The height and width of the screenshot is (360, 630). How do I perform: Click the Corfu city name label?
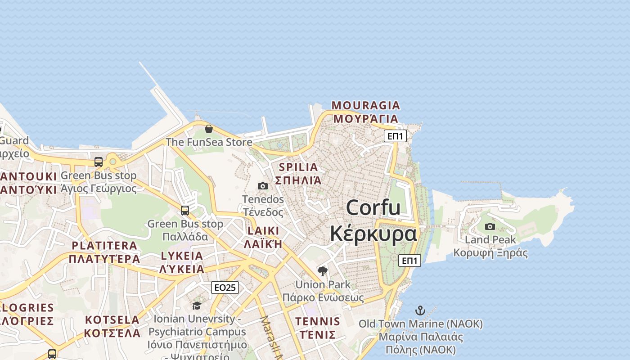coord(373,208)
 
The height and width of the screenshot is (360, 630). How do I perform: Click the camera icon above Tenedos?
coord(263,186)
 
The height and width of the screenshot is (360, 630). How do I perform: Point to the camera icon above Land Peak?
coord(490,226)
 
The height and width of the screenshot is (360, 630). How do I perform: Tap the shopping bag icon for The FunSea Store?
coord(209,129)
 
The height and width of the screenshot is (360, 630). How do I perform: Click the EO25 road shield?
coord(225,288)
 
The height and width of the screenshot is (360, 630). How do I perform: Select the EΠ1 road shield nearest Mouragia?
coord(395,136)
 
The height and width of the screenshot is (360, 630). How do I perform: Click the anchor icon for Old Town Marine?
coord(420,310)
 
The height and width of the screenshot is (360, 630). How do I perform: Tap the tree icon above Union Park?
coord(322,271)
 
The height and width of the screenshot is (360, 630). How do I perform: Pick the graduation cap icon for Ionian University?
coord(197,306)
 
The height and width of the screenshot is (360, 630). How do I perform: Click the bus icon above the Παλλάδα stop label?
coord(185,210)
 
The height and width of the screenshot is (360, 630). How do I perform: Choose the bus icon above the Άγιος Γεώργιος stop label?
coord(99,162)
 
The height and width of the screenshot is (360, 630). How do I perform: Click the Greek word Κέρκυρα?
coord(373,234)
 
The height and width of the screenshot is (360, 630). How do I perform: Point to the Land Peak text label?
coord(490,240)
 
